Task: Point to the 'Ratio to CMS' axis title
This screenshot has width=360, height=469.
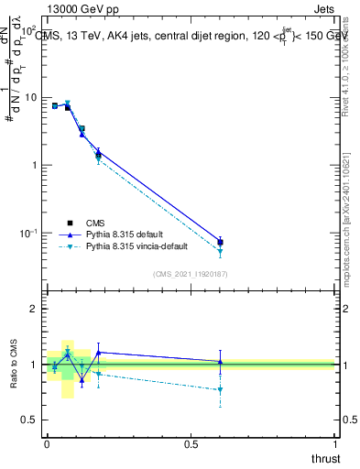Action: [x=16, y=364]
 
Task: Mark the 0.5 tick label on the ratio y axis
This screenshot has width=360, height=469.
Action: [x=29, y=420]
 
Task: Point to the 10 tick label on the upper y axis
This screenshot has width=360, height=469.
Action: [x=29, y=97]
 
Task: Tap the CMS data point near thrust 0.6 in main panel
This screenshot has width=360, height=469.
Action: [x=220, y=242]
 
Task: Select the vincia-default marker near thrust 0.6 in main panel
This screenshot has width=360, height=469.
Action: [x=220, y=252]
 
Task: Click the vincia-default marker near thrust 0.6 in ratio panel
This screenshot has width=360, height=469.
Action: [x=220, y=390]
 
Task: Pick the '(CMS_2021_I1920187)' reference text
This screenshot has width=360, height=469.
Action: [x=191, y=273]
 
